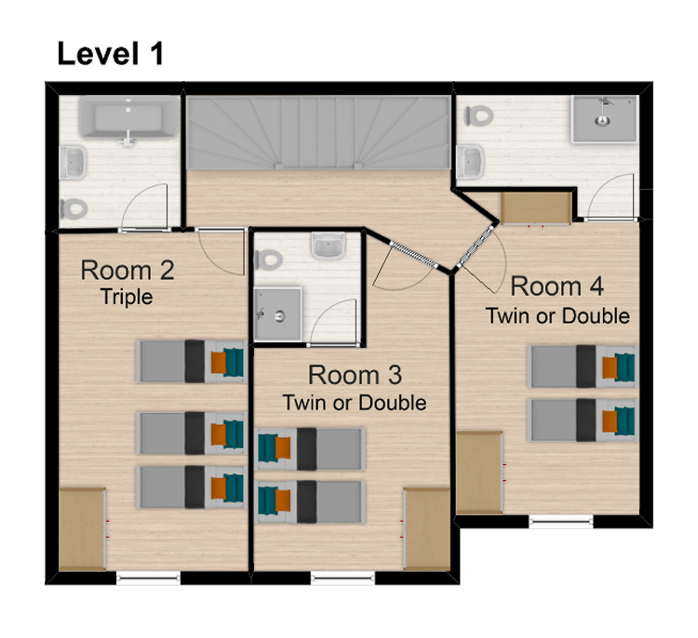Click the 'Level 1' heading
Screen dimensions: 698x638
pyautogui.click(x=111, y=53)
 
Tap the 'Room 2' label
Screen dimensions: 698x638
pyautogui.click(x=128, y=270)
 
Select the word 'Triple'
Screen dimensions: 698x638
pyautogui.click(x=127, y=298)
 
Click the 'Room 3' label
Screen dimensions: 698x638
pyautogui.click(x=355, y=375)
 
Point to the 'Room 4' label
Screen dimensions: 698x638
pyautogui.click(x=557, y=286)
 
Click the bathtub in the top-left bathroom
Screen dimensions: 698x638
pyautogui.click(x=128, y=119)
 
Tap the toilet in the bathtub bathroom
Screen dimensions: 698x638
pyautogui.click(x=74, y=208)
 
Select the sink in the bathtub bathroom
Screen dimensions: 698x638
pyautogui.click(x=73, y=163)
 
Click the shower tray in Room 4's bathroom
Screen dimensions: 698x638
pyautogui.click(x=604, y=119)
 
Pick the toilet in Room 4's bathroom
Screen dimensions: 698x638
pyautogui.click(x=479, y=116)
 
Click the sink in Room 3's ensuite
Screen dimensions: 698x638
pyautogui.click(x=329, y=246)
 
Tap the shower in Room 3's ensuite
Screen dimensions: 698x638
pyautogui.click(x=277, y=314)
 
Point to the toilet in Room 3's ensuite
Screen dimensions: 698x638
pyautogui.click(x=268, y=259)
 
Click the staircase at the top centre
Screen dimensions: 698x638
pyautogui.click(x=318, y=133)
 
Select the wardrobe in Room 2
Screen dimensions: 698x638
pyautogui.click(x=83, y=528)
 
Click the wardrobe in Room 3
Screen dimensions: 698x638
pyautogui.click(x=426, y=528)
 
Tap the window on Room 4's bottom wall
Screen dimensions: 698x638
pyautogui.click(x=561, y=521)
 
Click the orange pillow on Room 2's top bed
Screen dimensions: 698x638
pyautogui.click(x=218, y=362)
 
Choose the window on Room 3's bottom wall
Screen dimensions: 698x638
pyautogui.click(x=342, y=578)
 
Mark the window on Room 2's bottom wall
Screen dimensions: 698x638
pyautogui.click(x=148, y=578)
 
